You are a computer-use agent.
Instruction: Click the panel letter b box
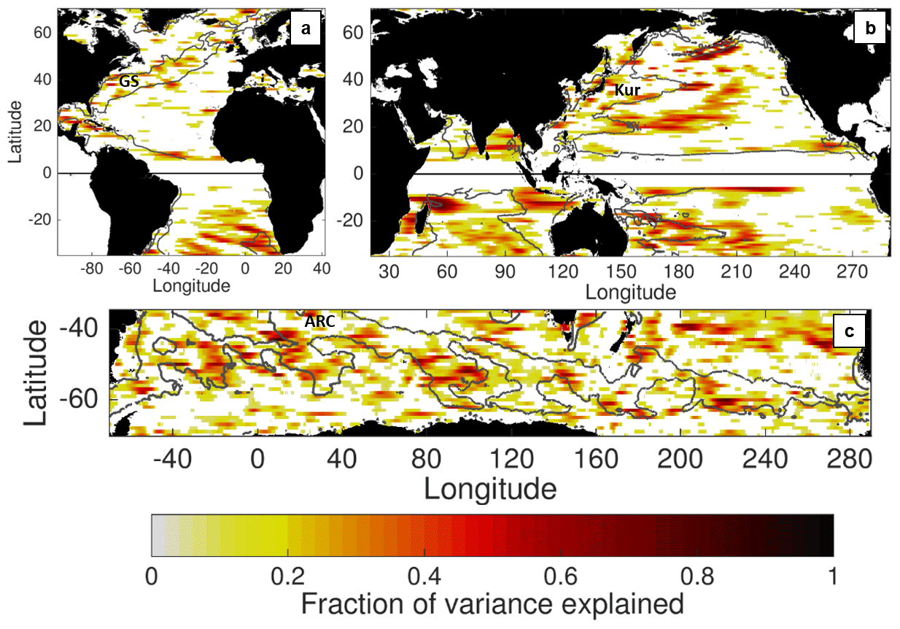870,28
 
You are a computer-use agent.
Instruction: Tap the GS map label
128,82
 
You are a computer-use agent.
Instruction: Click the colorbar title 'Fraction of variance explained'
492,604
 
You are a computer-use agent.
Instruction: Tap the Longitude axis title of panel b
630,293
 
